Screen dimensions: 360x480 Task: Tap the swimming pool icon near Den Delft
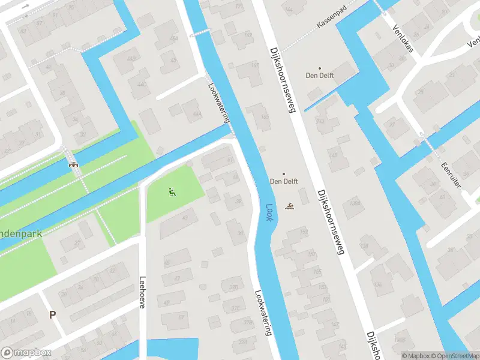coord(290,207)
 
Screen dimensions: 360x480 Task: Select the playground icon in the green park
coord(172,192)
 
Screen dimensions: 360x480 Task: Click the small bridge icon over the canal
coord(73,163)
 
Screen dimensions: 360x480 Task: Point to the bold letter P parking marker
coord(52,314)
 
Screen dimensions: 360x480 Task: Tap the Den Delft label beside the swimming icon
coord(284,181)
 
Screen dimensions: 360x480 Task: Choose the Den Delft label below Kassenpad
coord(319,76)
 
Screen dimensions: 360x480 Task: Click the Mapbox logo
coord(26,353)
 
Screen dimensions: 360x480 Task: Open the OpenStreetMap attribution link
coord(454,355)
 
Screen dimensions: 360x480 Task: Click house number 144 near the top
coord(289,10)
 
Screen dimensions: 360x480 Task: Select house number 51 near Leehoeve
coord(182,316)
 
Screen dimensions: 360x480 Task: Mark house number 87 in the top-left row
coord(40,23)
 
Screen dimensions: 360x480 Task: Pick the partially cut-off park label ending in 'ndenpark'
coord(21,233)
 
